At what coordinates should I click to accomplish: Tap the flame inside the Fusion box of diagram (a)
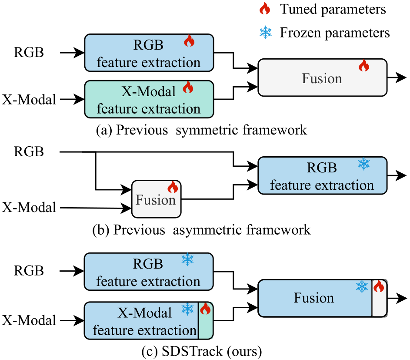coord(363,66)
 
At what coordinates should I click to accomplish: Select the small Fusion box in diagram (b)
coord(156,199)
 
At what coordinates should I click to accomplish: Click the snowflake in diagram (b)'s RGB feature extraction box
coord(363,164)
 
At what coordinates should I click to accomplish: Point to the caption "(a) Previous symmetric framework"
coord(202,130)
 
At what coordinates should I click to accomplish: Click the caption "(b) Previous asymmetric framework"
coord(202,229)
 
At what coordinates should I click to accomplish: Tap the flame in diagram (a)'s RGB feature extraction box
coord(189,41)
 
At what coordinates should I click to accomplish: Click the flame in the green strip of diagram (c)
coord(205,310)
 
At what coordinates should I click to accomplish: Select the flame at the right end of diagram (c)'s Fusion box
coord(379,286)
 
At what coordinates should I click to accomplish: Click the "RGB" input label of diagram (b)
coord(29,152)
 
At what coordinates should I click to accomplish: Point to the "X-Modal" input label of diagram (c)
coord(30,320)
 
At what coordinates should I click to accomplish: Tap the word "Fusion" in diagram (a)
coord(322,78)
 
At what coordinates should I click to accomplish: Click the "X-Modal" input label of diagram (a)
coord(30,100)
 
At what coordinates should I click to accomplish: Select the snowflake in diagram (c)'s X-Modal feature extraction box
coord(187,310)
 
